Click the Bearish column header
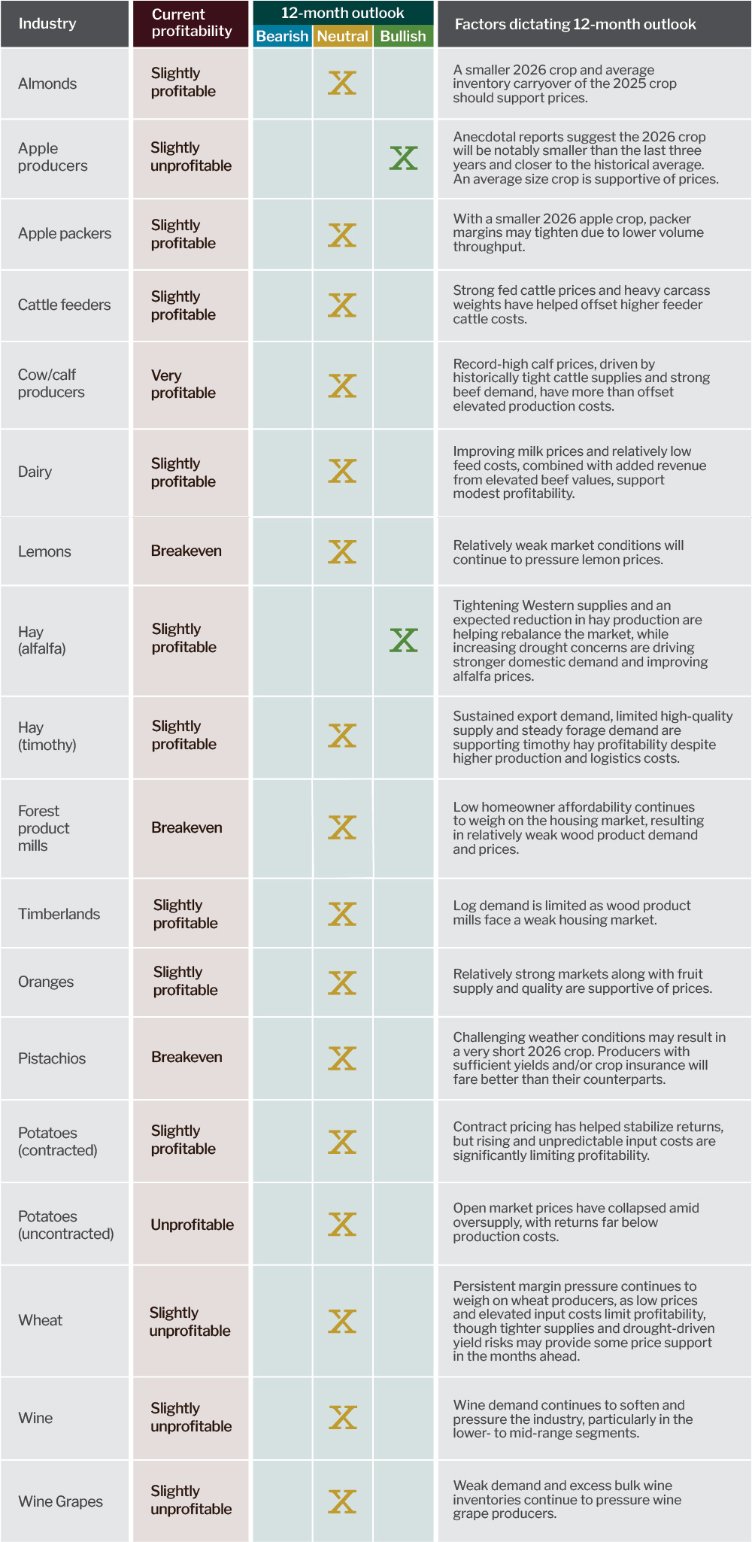point(282,36)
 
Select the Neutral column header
point(342,36)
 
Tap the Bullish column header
point(403,36)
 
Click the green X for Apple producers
point(404,158)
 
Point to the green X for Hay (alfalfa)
point(404,640)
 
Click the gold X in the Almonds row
point(342,83)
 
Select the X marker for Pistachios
point(342,1058)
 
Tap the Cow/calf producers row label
point(51,383)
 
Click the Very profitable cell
point(183,384)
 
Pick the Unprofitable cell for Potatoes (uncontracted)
point(193,1225)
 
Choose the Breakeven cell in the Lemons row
point(186,551)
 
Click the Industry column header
point(47,23)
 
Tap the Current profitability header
point(192,23)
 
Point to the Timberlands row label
point(59,914)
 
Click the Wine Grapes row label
point(61,1501)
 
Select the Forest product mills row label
point(44,828)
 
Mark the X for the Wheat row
point(342,1321)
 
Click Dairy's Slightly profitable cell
point(183,472)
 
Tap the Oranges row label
point(46,982)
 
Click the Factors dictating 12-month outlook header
point(575,24)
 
